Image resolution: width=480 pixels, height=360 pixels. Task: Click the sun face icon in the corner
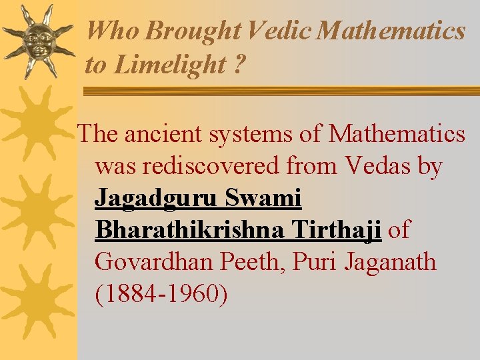point(37,41)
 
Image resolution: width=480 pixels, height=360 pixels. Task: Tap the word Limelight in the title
point(170,65)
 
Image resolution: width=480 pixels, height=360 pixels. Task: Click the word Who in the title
point(113,31)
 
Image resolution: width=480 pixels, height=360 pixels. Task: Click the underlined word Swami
point(265,198)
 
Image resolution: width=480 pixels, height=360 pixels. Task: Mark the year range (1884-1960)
point(161,294)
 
